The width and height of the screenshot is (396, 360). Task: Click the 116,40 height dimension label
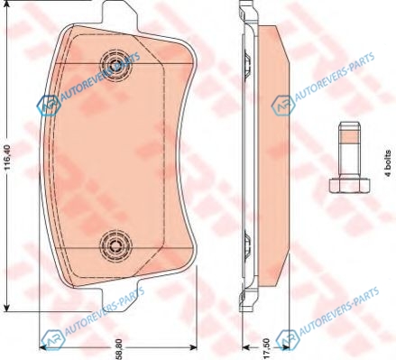click(x=7, y=157)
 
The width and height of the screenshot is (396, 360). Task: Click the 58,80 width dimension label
click(x=119, y=348)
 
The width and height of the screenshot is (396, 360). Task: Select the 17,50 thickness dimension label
click(x=266, y=349)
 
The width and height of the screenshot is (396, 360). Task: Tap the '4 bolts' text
click(x=388, y=163)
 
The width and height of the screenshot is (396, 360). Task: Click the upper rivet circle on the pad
click(x=115, y=65)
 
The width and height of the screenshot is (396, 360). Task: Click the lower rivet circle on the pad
click(x=115, y=246)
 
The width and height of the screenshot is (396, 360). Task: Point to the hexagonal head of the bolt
click(x=349, y=185)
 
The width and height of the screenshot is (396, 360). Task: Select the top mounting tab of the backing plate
click(x=120, y=14)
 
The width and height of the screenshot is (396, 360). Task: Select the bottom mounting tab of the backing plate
click(x=120, y=298)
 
